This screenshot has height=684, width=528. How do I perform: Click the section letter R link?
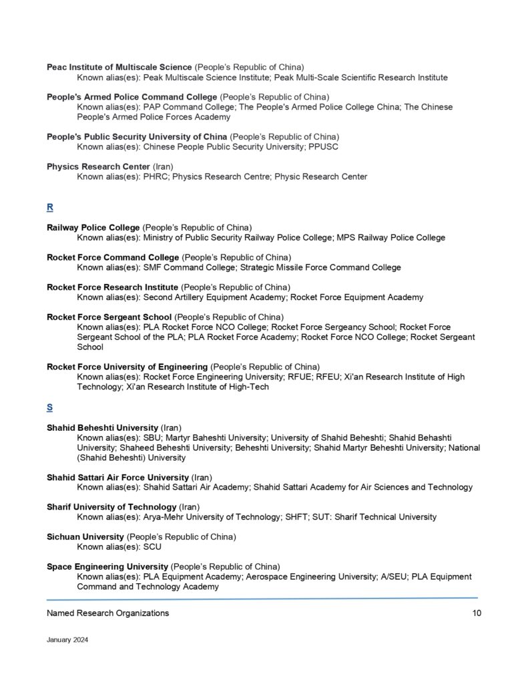click(x=50, y=207)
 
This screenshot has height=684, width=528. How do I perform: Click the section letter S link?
click(x=50, y=407)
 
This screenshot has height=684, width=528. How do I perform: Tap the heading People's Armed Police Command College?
click(x=131, y=97)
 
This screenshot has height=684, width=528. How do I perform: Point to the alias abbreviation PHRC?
click(x=156, y=176)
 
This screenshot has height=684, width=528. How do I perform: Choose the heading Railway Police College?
click(x=93, y=227)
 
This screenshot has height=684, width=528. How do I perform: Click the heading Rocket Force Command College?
click(x=113, y=257)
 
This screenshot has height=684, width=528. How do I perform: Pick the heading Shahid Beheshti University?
click(x=102, y=427)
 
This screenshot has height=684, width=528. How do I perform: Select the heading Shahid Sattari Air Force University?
click(x=117, y=477)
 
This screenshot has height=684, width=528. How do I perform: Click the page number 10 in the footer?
click(x=476, y=613)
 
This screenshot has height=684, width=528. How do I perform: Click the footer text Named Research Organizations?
click(x=107, y=613)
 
